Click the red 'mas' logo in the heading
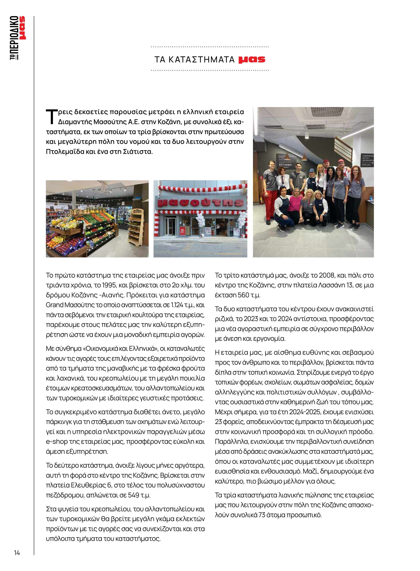[x=252, y=59]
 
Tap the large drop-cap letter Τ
[x=51, y=117]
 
